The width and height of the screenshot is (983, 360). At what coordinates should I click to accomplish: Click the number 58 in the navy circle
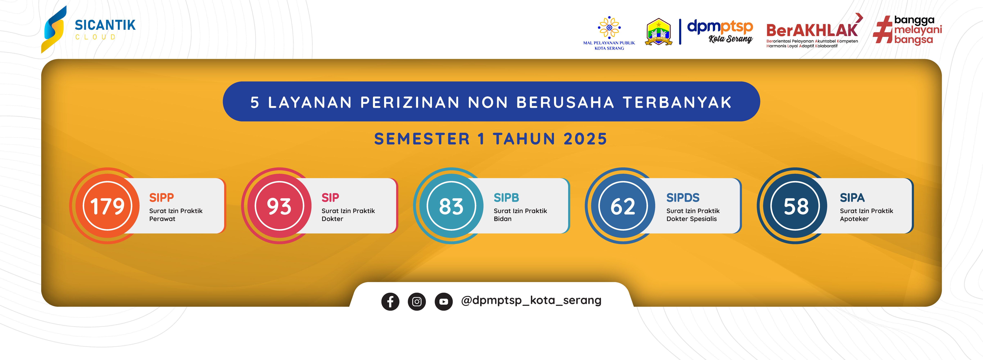796,206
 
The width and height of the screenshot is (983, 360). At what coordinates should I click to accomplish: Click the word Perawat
162,219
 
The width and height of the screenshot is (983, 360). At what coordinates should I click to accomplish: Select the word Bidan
503,219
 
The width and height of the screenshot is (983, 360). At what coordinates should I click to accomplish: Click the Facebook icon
390,302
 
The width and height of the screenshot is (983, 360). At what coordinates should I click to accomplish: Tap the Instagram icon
417,302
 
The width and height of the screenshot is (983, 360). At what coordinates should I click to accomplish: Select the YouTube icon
443,302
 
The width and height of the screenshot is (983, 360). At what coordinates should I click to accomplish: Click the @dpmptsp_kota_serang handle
531,300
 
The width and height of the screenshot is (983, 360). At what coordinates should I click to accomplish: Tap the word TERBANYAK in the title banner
677,102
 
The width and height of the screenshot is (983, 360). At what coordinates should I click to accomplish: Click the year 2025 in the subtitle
585,139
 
